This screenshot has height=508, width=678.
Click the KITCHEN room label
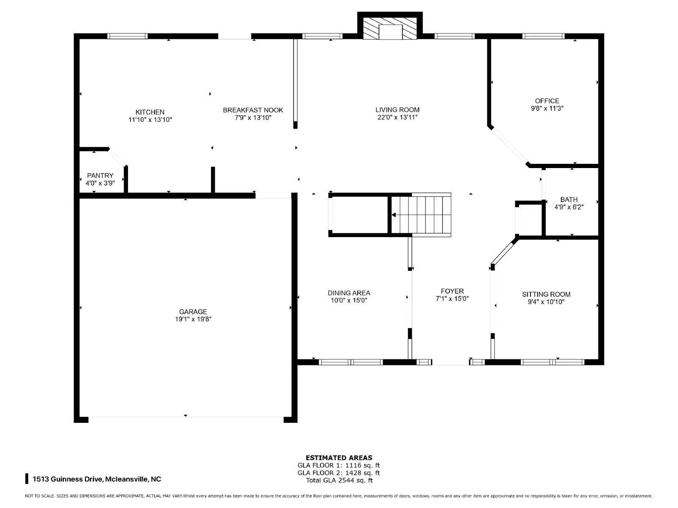(150, 112)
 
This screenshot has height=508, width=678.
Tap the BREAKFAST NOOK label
(253, 110)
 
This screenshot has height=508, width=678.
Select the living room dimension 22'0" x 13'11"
(397, 117)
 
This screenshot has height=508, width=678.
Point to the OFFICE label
(547, 101)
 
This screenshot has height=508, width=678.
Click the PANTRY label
(100, 176)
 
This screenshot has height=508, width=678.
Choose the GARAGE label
(193, 312)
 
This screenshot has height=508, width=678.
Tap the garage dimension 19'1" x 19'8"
(193, 319)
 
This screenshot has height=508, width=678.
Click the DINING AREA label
(349, 293)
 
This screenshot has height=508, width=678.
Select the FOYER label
(452, 291)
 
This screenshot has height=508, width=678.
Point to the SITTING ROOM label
(546, 294)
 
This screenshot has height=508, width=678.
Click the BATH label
(569, 199)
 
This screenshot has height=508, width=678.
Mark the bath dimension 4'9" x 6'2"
(569, 207)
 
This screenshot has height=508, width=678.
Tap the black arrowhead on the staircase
(394, 215)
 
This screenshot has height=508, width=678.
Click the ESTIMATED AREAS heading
(339, 458)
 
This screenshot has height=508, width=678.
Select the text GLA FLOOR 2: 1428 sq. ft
(339, 473)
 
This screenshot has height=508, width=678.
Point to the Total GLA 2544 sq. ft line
(339, 480)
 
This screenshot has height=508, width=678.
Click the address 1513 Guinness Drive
(67, 479)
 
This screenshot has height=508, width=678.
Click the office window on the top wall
(543, 36)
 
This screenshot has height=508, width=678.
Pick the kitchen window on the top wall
(127, 36)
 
